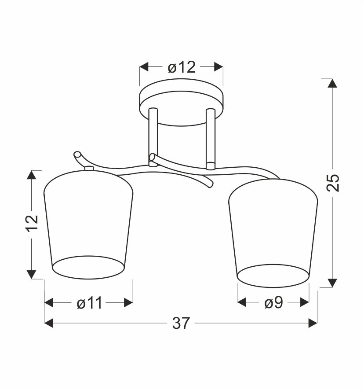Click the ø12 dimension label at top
coord(182,67)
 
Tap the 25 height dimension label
coord(333,183)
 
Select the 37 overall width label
coord(181,323)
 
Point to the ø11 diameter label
coord(89,303)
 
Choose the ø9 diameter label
coord(273,303)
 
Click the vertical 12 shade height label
coord(32,223)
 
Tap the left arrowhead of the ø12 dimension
coord(144,67)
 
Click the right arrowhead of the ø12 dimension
coord(218,67)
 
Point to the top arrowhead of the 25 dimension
coord(332,83)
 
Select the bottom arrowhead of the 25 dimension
coord(332,283)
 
